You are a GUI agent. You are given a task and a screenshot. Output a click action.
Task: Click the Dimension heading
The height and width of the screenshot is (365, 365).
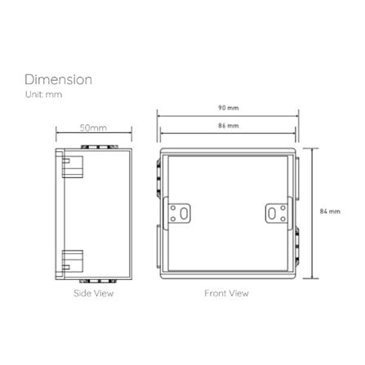pyautogui.click(x=58, y=80)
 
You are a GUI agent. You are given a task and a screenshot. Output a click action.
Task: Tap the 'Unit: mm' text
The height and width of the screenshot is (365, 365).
pyautogui.click(x=44, y=95)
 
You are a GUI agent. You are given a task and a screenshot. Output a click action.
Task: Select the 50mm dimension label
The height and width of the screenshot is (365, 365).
pyautogui.click(x=93, y=127)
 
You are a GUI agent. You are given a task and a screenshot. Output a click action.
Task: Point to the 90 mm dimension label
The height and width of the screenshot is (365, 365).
pyautogui.click(x=229, y=108)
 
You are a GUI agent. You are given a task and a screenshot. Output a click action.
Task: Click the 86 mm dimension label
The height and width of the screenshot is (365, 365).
pyautogui.click(x=229, y=126)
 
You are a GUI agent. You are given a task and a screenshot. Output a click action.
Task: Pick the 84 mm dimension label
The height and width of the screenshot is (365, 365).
pyautogui.click(x=330, y=211)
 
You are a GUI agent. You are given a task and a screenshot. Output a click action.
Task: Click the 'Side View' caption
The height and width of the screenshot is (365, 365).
pyautogui.click(x=93, y=293)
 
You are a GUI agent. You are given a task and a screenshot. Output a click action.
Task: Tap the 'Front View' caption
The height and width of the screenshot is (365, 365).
pyautogui.click(x=226, y=293)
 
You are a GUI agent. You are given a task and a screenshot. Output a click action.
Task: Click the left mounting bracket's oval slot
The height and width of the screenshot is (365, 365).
pyautogui.click(x=184, y=214)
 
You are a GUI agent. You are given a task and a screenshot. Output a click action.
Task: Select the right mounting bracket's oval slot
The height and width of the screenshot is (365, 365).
pyautogui.click(x=272, y=214)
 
